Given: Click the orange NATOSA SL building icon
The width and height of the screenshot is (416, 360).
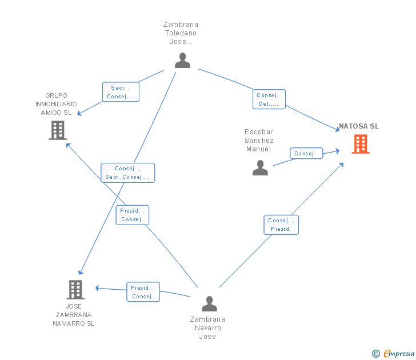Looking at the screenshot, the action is click(x=361, y=144).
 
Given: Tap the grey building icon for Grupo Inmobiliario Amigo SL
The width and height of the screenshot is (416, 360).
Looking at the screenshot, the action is click(x=58, y=130).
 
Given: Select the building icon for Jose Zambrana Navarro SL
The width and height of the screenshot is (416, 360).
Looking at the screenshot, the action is click(x=75, y=290).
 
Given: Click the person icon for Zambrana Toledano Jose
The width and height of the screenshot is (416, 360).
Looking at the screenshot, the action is click(x=182, y=60).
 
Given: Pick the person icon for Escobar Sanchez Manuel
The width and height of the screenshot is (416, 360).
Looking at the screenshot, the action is click(x=260, y=167).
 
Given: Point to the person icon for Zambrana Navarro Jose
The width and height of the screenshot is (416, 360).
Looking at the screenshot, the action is click(x=209, y=304).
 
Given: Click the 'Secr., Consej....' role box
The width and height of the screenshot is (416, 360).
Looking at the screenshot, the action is click(x=121, y=92).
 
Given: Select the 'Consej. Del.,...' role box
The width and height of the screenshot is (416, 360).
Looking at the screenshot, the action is click(x=269, y=99).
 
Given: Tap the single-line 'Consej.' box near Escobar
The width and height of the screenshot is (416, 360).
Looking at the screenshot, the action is click(x=306, y=153).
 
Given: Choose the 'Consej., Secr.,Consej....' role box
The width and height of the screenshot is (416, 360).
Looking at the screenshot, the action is click(x=128, y=173).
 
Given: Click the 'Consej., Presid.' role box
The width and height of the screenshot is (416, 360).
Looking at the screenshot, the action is click(x=281, y=225).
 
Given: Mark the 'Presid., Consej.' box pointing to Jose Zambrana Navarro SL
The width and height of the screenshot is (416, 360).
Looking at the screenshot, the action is click(x=143, y=292).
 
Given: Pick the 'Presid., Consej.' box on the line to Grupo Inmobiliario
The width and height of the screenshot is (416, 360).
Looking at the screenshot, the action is click(x=133, y=215).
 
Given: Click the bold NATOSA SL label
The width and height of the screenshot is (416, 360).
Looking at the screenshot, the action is click(x=359, y=126).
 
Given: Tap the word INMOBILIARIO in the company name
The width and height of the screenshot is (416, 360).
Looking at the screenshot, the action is click(x=56, y=104).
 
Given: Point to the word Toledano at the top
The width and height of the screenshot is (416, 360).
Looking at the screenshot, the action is click(x=181, y=33).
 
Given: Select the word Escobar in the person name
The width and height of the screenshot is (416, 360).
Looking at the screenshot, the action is click(x=259, y=132).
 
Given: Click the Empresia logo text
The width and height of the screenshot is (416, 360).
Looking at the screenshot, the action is click(x=399, y=353).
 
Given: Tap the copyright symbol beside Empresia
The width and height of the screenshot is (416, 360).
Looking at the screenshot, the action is click(x=376, y=354).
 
